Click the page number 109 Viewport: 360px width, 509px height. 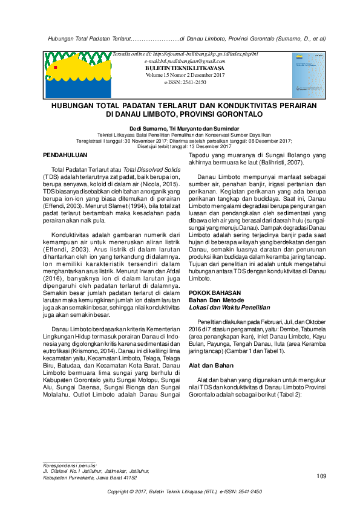pos(321,477)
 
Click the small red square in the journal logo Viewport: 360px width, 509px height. pos(55,68)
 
